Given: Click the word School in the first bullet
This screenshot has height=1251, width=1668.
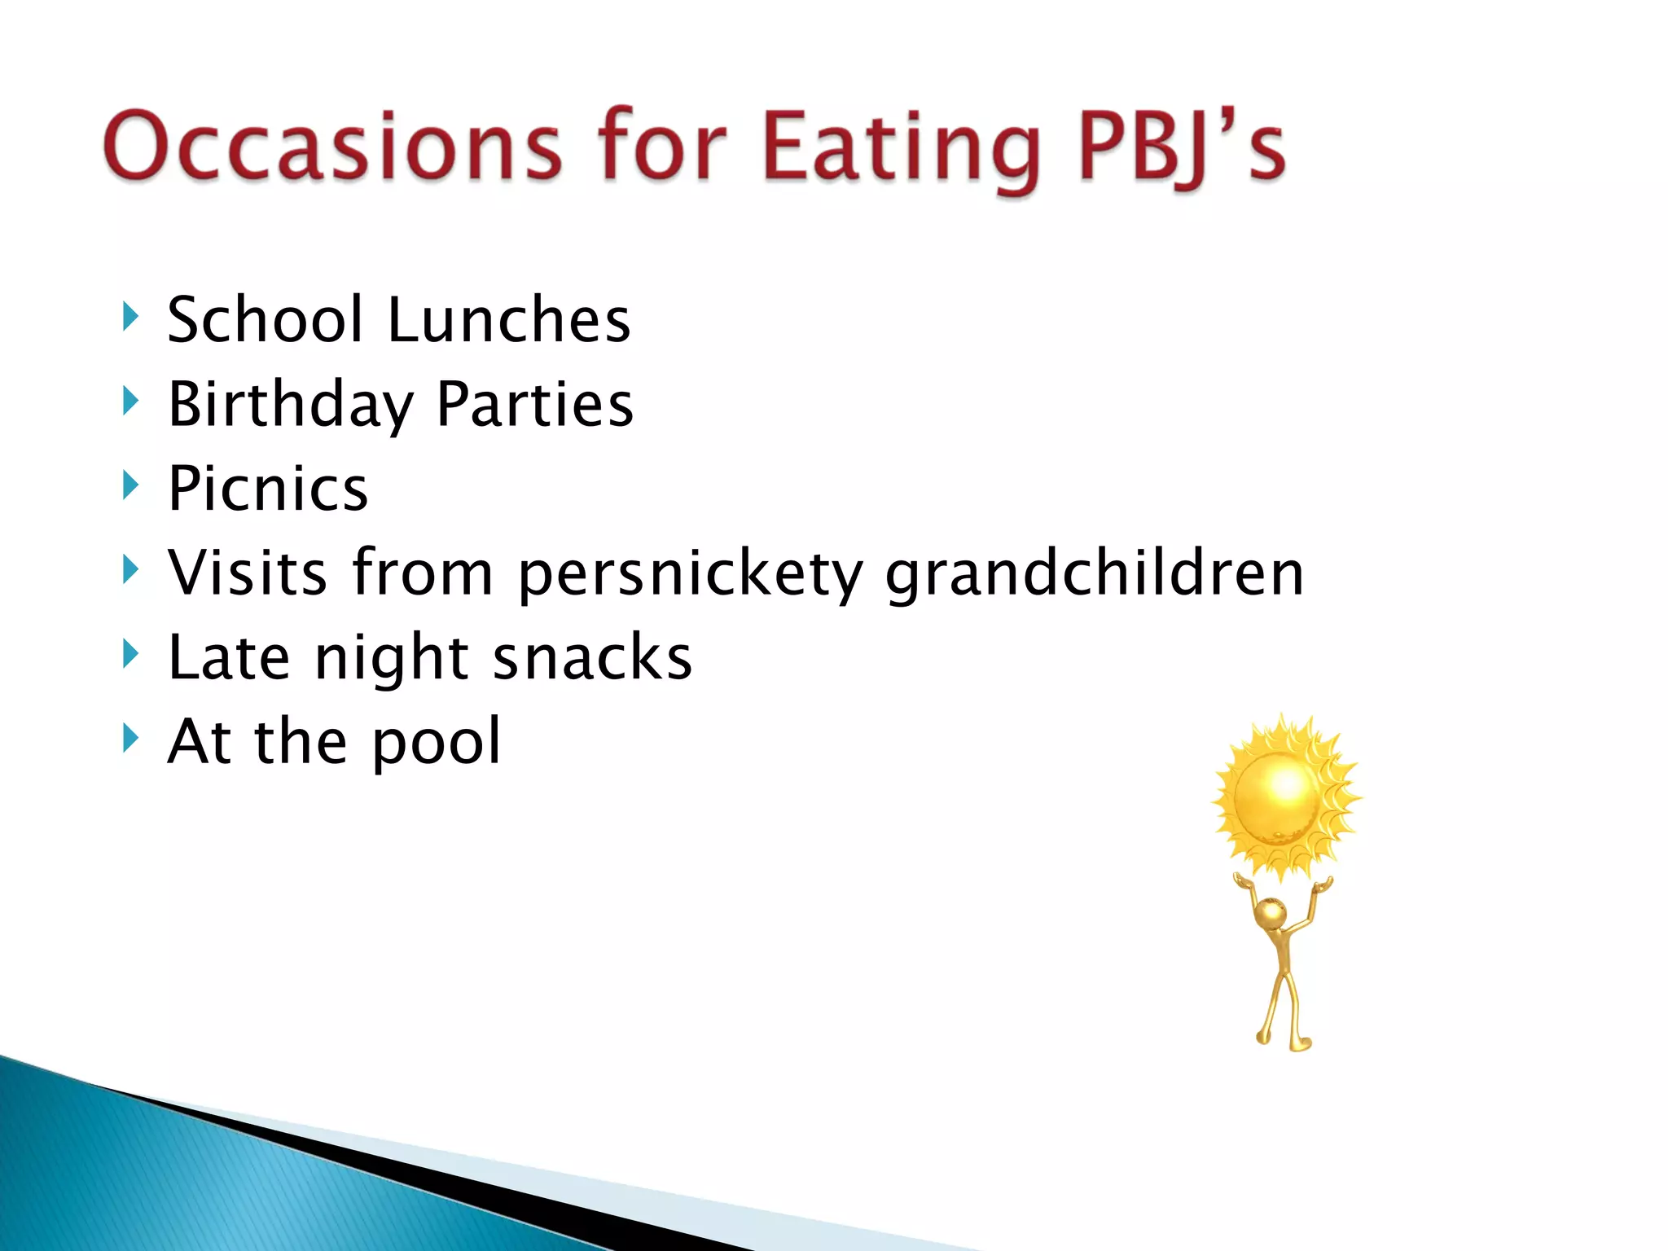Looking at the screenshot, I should [x=265, y=319].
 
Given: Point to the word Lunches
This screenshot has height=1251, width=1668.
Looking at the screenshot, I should [x=509, y=319].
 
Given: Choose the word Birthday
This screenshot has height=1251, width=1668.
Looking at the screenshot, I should [x=291, y=405].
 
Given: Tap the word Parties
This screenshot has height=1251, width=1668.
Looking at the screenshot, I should [x=534, y=404].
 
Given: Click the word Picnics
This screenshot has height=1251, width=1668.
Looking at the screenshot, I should [x=268, y=489].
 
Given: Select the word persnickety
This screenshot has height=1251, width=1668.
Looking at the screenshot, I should [x=690, y=574].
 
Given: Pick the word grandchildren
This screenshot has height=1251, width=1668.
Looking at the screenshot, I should [x=1095, y=573].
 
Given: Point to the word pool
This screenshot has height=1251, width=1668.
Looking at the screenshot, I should [x=436, y=743].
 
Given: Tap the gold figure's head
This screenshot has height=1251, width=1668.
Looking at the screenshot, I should [x=1271, y=914].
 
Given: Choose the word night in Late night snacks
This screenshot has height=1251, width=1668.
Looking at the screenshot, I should [x=391, y=659].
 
